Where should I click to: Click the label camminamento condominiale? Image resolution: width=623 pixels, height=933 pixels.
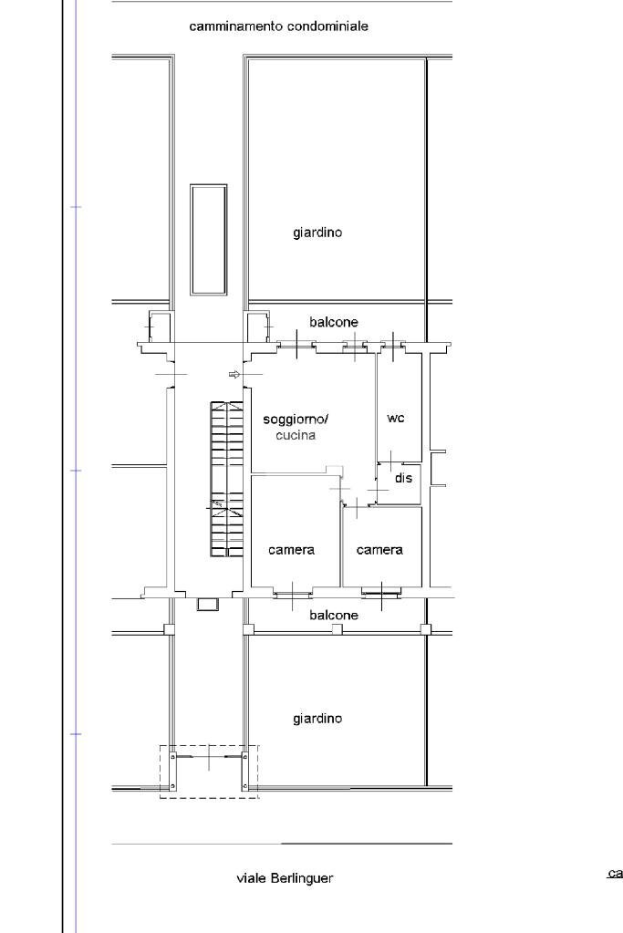click(x=278, y=27)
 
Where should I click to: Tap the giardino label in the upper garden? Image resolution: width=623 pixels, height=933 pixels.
click(x=317, y=233)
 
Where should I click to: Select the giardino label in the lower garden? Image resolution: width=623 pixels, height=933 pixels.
click(x=317, y=719)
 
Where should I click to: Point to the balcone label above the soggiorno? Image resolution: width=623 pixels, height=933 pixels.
click(x=333, y=322)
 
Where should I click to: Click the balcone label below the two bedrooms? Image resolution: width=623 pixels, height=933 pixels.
click(x=333, y=616)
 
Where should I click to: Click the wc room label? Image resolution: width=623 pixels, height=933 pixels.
click(x=396, y=418)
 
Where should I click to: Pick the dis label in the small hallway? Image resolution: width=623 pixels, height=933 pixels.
click(x=403, y=478)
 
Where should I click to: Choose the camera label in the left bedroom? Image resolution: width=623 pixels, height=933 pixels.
click(x=291, y=550)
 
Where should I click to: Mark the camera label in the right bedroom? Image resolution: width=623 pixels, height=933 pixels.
click(x=379, y=550)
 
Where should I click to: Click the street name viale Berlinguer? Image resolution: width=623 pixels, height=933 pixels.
click(x=285, y=878)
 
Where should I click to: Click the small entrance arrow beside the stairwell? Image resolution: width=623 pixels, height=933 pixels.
click(x=234, y=375)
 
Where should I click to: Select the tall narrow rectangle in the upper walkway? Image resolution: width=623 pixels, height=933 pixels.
click(x=208, y=239)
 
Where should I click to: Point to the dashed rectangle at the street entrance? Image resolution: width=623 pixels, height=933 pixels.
click(x=209, y=772)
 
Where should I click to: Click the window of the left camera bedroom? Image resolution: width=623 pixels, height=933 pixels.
click(x=292, y=594)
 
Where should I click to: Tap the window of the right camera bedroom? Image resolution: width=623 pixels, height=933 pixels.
click(x=381, y=594)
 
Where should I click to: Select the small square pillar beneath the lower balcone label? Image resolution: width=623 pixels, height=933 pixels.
click(x=337, y=629)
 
